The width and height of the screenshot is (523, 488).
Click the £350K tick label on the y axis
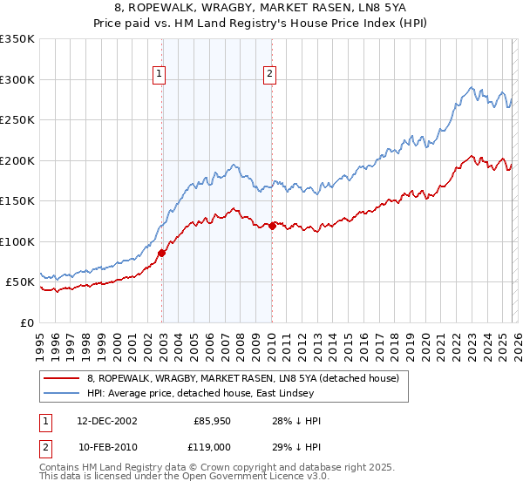17,39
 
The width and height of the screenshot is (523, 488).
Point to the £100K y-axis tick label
17,241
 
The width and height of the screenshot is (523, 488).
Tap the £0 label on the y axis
26,322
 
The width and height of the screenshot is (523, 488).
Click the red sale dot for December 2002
162,253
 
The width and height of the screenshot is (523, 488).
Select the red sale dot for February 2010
272,226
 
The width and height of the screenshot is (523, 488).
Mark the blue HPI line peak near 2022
471,87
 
